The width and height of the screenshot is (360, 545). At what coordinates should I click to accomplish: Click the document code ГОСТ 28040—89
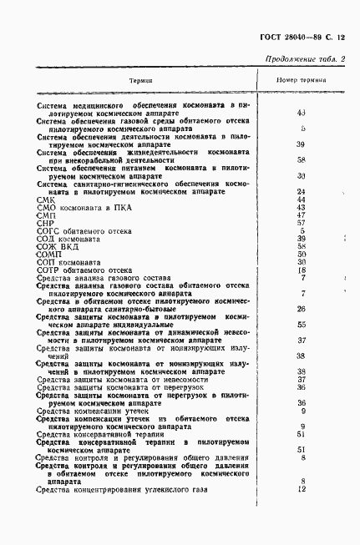pyautogui.click(x=284, y=37)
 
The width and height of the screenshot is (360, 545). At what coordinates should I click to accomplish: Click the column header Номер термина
pyautogui.click(x=301, y=80)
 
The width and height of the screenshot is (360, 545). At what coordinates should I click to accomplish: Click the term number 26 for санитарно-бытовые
pyautogui.click(x=302, y=309)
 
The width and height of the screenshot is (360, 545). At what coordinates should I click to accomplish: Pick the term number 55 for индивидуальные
pyautogui.click(x=302, y=324)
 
